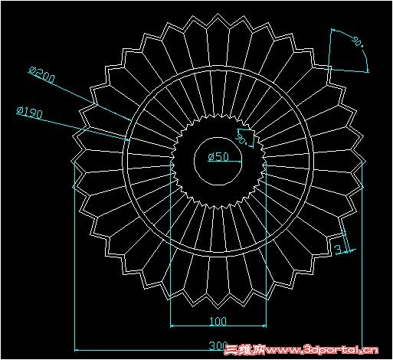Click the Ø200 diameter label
[x=43, y=74]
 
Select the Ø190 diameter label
[x=29, y=113]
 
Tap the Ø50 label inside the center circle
[x=219, y=157]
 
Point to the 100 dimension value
[x=218, y=322]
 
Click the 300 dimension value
[x=218, y=345]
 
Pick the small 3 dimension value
[x=338, y=249]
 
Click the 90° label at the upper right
[x=357, y=42]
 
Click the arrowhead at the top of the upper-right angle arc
[x=334, y=31]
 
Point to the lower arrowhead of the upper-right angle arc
[x=368, y=70]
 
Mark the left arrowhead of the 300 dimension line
[x=77, y=344]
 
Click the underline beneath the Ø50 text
[x=219, y=163]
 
